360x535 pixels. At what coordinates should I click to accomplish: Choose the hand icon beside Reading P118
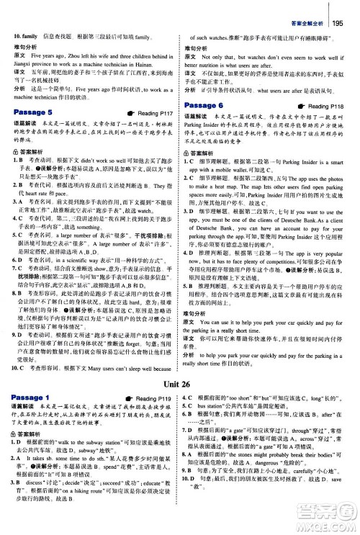tap(301, 106)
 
